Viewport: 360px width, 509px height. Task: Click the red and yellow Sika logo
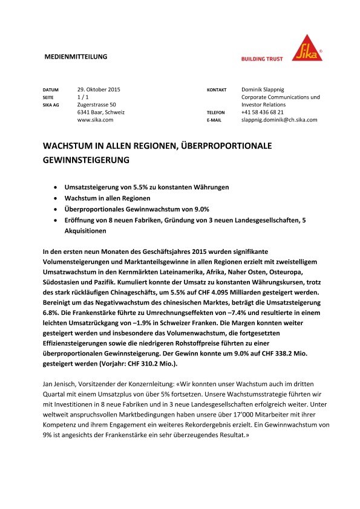coord(307,47)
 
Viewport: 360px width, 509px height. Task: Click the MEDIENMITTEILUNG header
coord(76,56)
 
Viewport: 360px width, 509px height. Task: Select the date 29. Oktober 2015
coord(99,89)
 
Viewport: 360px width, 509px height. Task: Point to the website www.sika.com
coord(96,120)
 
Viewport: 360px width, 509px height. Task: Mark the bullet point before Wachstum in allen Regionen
coord(56,198)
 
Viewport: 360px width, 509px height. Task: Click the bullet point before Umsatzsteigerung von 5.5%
coord(56,187)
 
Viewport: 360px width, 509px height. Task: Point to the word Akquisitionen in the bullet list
coord(86,231)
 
